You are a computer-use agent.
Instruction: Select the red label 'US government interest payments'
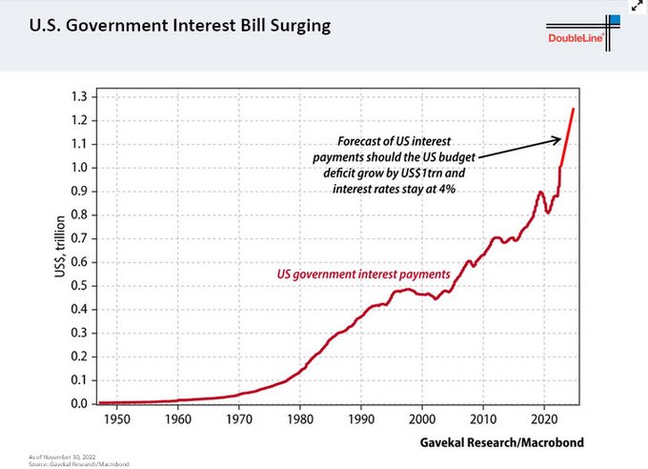(363, 275)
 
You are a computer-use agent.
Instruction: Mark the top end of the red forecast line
(573, 109)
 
